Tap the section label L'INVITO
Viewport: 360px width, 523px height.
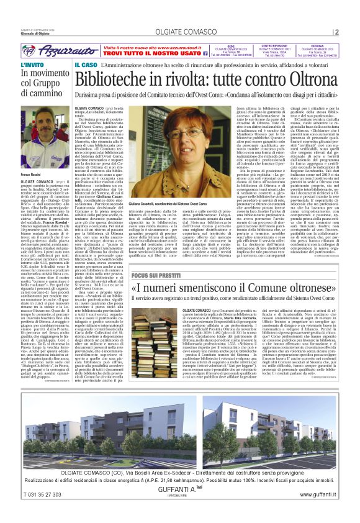(32, 65)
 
